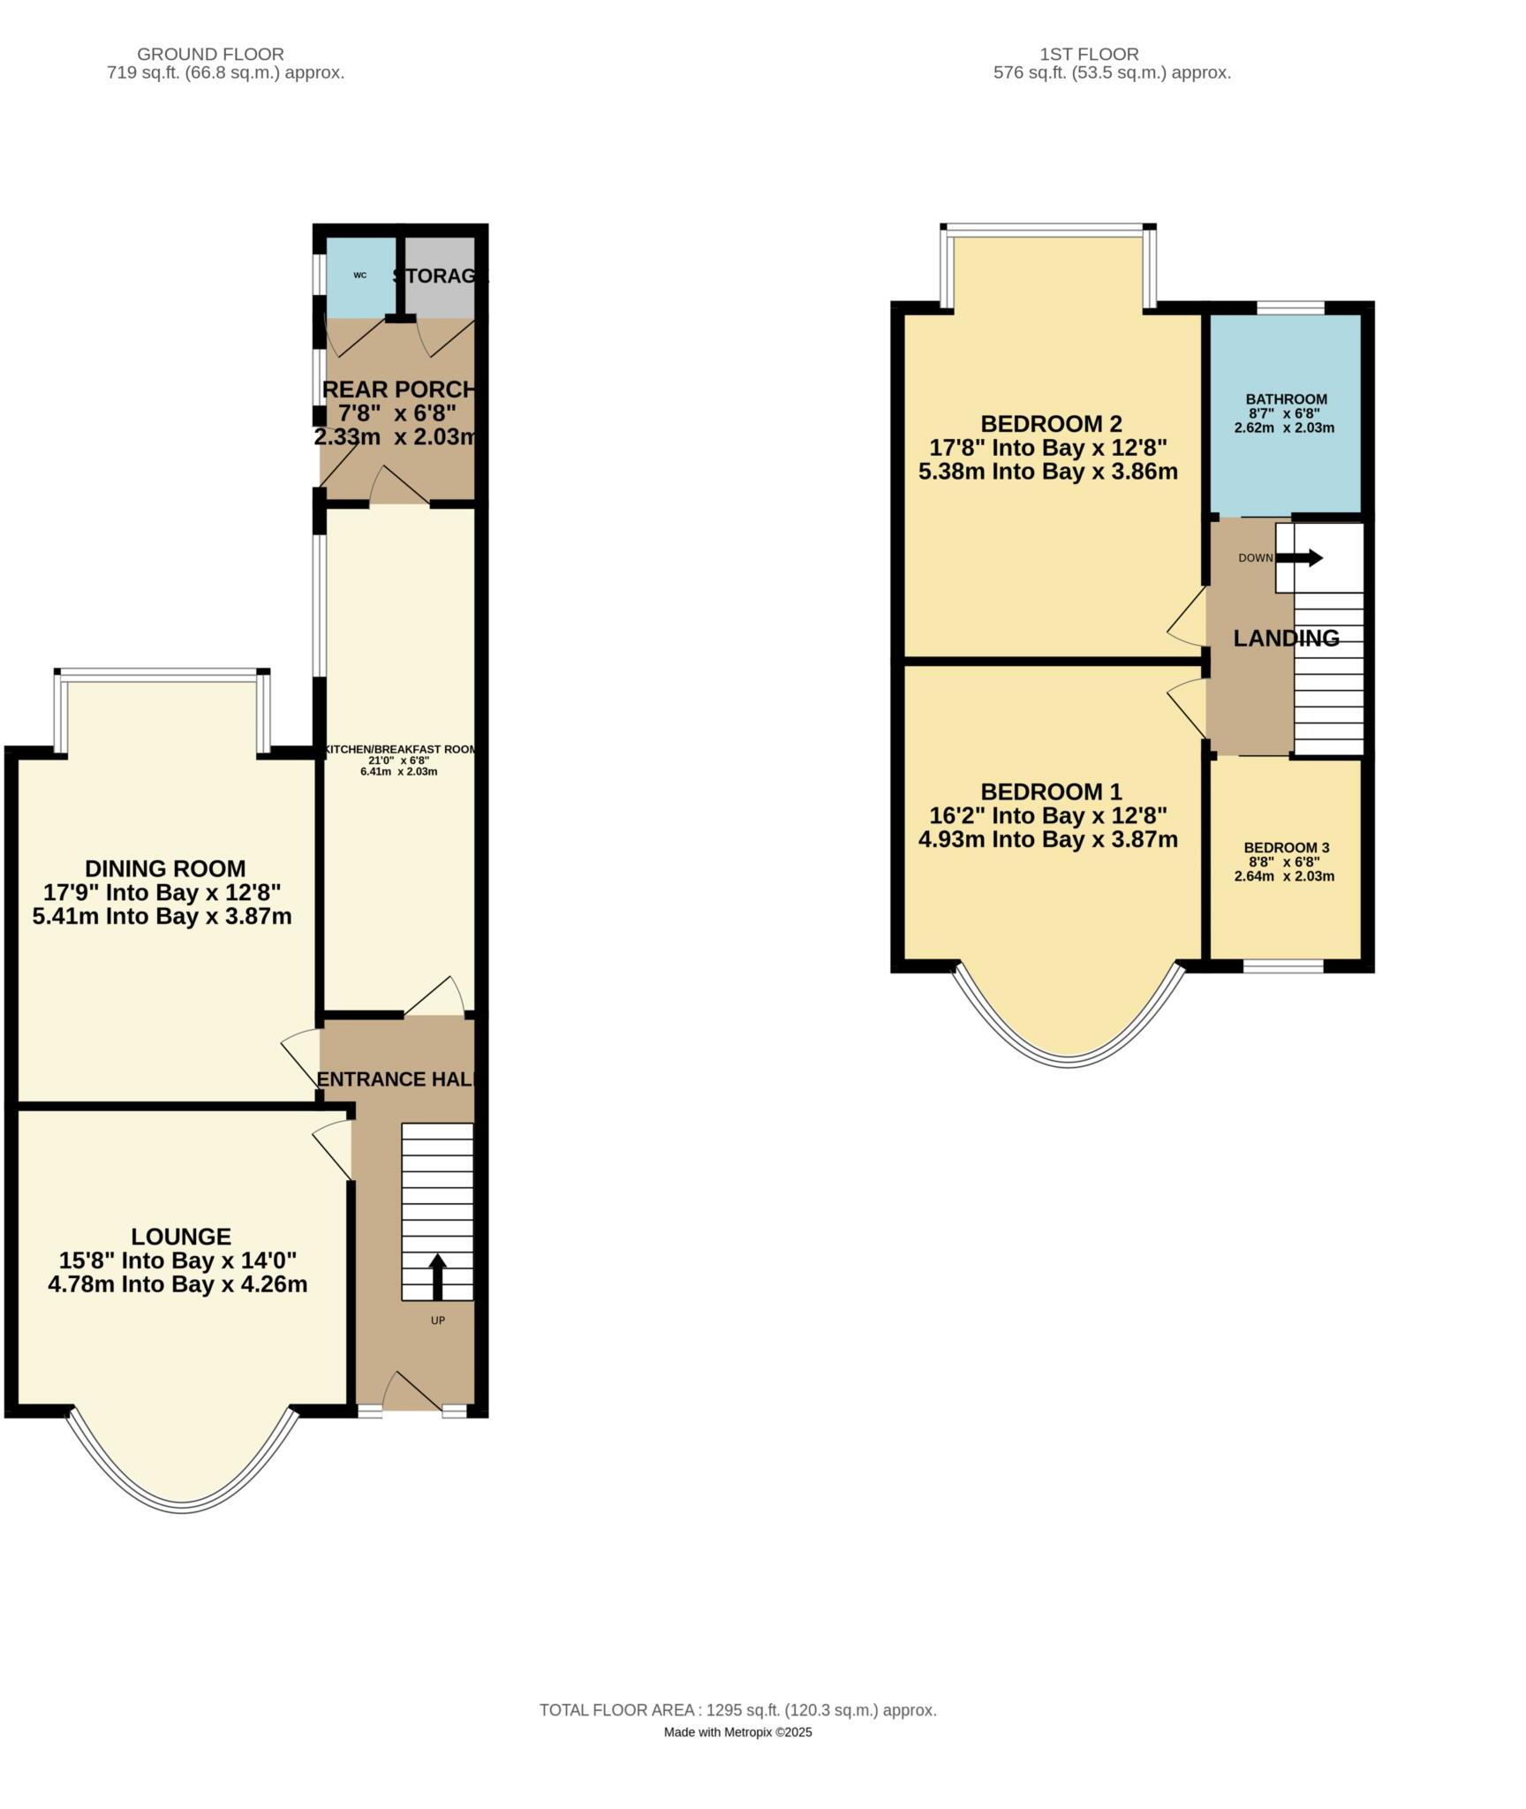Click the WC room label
click(359, 275)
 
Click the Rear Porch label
click(399, 390)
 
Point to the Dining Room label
click(165, 868)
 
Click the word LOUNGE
click(181, 1237)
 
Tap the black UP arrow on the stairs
click(437, 1276)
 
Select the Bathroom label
click(1286, 399)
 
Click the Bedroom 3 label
click(1286, 848)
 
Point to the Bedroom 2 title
click(1051, 424)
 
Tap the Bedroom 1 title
click(1051, 791)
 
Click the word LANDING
click(1286, 638)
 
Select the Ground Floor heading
click(210, 55)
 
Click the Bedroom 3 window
click(1283, 966)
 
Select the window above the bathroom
click(1290, 307)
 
